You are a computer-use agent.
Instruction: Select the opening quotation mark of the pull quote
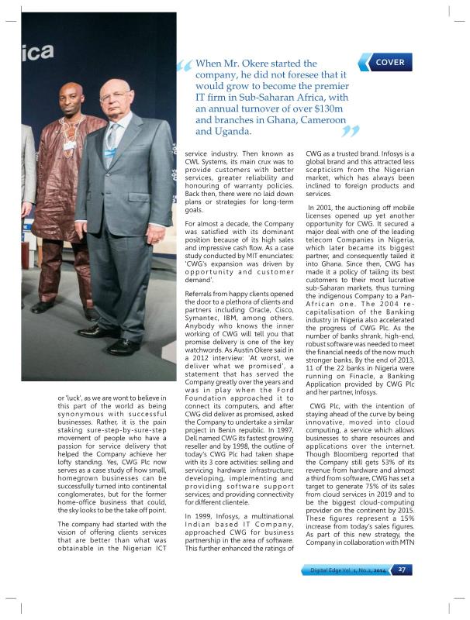(184, 71)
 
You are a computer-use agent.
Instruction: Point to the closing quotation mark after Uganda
(350, 132)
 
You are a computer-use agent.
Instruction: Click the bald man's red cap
(74, 86)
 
